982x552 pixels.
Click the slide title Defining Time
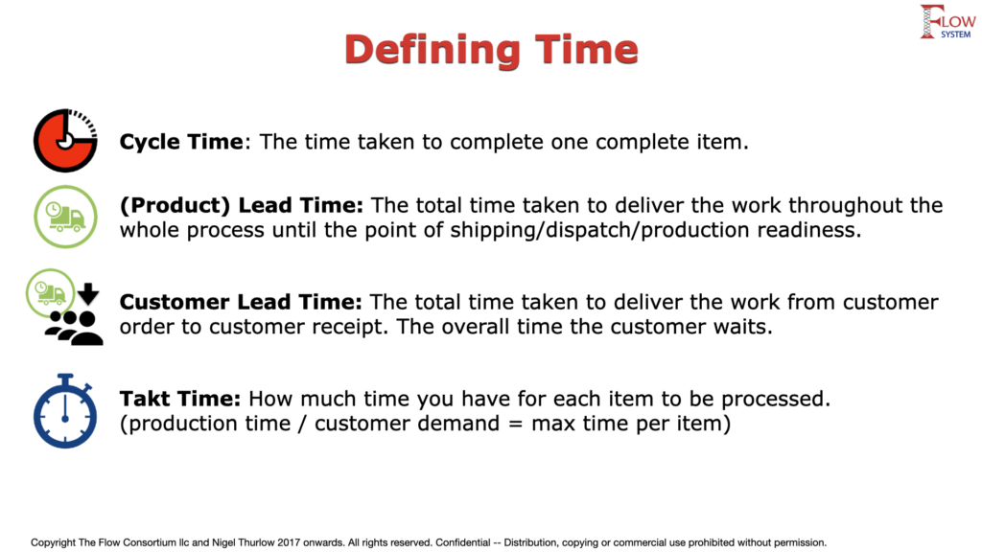click(491, 50)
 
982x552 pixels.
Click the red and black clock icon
click(65, 141)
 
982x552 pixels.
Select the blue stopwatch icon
click(65, 411)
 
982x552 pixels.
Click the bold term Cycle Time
click(181, 142)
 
